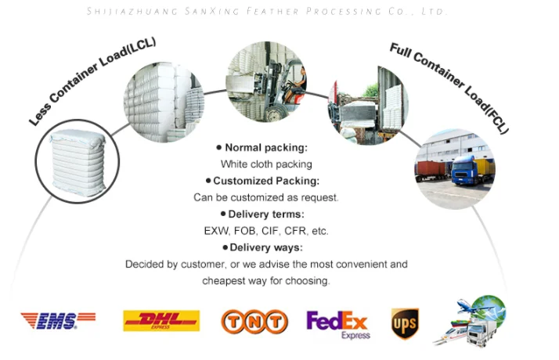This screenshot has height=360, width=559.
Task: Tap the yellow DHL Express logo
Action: coord(161,321)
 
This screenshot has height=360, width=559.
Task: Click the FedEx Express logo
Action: coord(337,323)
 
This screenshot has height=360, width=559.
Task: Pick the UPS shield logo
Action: coord(405,323)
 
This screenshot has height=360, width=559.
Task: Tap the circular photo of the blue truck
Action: coord(454,168)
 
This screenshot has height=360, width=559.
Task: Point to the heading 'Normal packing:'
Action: coord(266,147)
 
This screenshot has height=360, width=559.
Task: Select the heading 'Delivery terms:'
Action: coord(266,214)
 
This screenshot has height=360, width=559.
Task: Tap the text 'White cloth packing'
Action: coord(266,164)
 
